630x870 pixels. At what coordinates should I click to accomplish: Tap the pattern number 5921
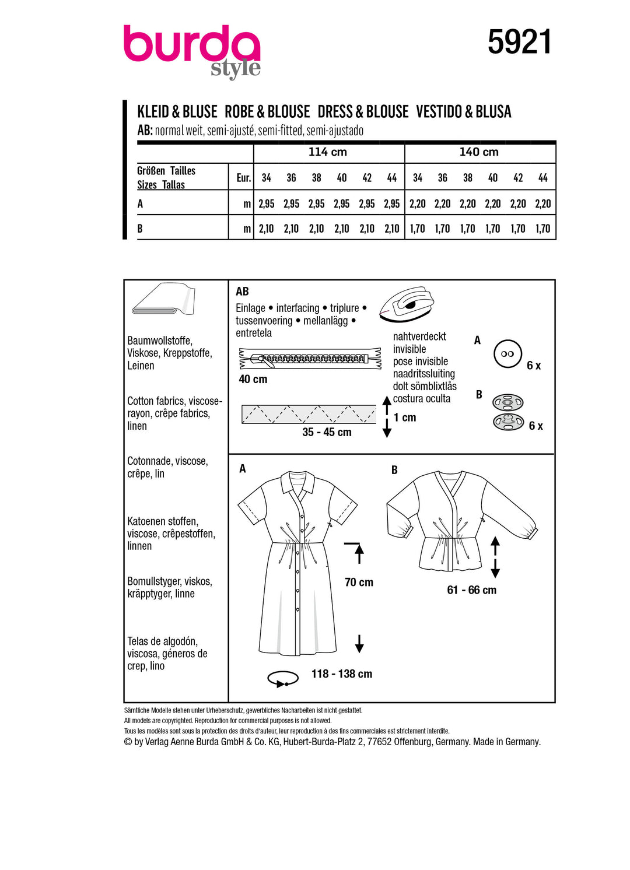point(519,43)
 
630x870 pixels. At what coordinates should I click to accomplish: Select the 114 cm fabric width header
point(328,152)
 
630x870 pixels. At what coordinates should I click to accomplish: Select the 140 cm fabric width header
point(479,152)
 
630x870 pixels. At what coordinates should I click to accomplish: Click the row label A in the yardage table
point(140,204)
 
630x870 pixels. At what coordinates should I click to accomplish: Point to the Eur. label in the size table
point(243,178)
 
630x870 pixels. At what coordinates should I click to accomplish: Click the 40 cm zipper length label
point(253,379)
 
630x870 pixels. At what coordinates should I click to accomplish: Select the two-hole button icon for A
point(508,354)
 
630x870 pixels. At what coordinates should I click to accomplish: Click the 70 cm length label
point(359,582)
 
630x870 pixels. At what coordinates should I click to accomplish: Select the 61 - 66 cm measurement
point(471,590)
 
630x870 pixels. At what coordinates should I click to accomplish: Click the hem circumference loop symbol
point(282,679)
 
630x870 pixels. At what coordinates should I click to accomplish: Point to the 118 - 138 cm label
point(341,674)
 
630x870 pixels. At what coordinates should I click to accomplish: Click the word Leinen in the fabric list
point(141,366)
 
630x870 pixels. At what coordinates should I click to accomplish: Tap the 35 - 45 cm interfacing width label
point(327,432)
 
